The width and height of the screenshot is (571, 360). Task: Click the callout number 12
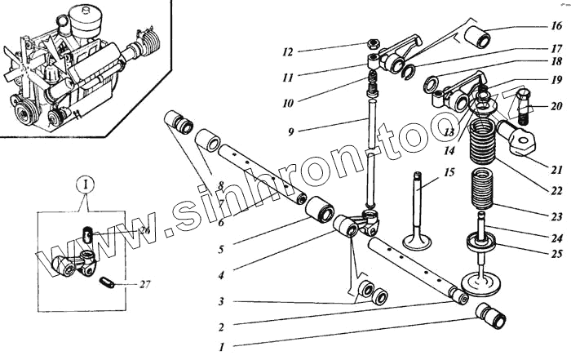click(287, 51)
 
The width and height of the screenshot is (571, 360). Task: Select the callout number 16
click(556, 26)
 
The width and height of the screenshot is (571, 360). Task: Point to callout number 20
click(556, 106)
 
